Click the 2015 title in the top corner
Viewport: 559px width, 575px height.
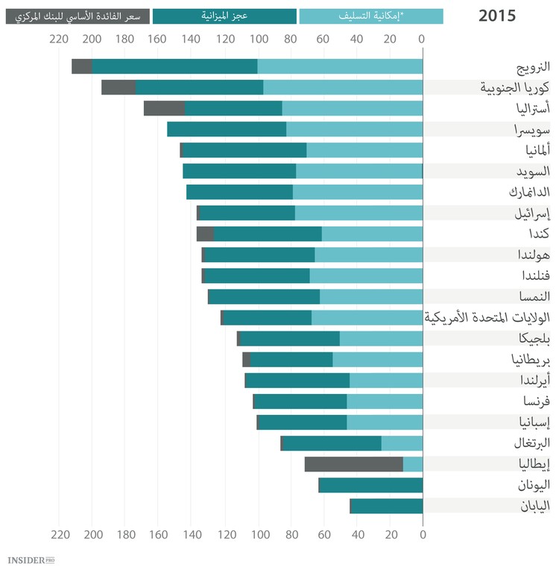[497, 16]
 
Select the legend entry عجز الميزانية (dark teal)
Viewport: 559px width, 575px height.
[224, 16]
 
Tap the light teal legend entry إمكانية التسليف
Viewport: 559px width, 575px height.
[371, 16]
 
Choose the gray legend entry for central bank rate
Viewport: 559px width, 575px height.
[77, 16]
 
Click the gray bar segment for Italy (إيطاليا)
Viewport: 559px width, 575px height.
[354, 465]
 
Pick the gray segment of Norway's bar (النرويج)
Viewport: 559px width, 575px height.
[82, 66]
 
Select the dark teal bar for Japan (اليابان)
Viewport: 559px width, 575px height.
[386, 506]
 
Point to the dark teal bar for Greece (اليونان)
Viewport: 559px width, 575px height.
[370, 486]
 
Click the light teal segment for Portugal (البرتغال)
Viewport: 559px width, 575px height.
[402, 444]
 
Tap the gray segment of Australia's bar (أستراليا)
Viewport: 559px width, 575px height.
[164, 108]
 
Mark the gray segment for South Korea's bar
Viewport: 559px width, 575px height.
[119, 87]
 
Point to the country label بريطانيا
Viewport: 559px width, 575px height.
[528, 360]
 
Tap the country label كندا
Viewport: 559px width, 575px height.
[537, 234]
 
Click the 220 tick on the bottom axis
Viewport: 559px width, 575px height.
[60, 534]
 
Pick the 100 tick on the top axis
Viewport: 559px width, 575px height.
[258, 39]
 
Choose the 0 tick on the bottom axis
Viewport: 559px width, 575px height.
[423, 534]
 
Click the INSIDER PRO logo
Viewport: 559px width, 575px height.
[31, 559]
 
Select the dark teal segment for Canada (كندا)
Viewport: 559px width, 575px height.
[268, 234]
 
